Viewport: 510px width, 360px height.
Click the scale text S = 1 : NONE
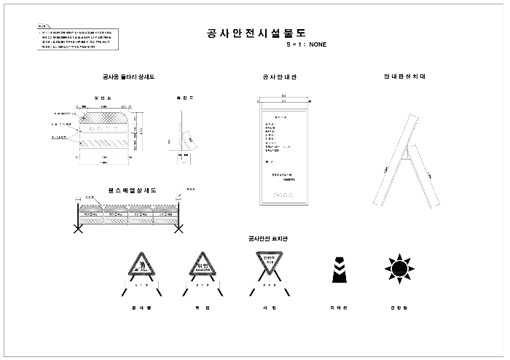[306, 44]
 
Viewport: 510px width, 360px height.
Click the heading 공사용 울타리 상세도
[128, 77]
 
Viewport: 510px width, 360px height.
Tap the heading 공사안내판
[275, 77]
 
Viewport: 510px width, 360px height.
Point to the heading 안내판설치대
[404, 77]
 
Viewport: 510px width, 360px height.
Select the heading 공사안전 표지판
[273, 239]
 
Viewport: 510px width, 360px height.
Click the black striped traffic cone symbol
[337, 267]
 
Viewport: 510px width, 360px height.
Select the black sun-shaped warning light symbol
[399, 267]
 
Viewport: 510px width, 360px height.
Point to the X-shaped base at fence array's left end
[76, 229]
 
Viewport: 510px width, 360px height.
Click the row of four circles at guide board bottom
[280, 195]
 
